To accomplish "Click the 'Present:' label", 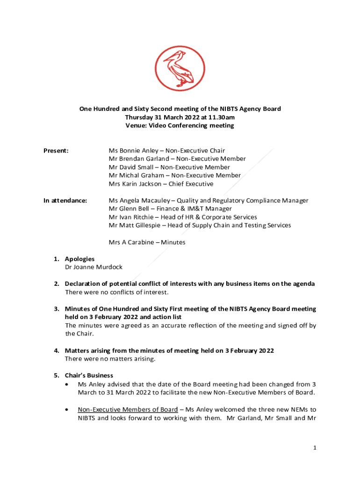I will pos(56,151).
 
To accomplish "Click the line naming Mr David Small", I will pos(169,167).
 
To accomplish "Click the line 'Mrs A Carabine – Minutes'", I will pos(147,242).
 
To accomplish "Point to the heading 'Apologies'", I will pos(79,259).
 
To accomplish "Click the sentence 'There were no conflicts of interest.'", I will pos(116,292).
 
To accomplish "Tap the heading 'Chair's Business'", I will pos(89,375).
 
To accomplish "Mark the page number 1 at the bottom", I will pos(315,448).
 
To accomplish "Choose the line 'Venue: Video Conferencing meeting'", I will pos(180,125).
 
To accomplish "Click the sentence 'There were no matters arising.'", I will pos(110,359).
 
